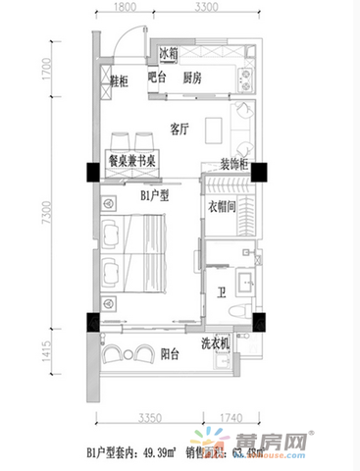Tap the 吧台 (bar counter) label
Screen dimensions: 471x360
156,78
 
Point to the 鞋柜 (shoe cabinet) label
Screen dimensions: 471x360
109,82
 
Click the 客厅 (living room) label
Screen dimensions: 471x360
178,128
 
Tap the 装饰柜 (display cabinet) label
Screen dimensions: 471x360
233,165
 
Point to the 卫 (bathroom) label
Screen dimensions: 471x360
222,290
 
